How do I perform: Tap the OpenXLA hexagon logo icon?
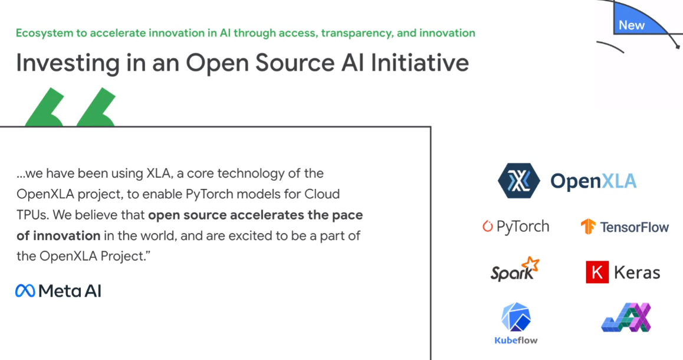coord(519,181)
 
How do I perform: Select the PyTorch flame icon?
coord(487,226)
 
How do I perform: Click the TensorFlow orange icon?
coord(588,227)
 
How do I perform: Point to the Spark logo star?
coord(531,264)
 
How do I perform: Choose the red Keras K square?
coord(597,273)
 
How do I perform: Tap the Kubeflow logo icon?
coord(516,318)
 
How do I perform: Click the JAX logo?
coord(626,318)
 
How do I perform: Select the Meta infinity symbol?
coord(25,291)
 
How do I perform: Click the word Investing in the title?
coord(67,63)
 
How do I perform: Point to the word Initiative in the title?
coord(420,63)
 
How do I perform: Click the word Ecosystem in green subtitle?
coord(44,34)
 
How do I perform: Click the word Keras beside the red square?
coord(637,273)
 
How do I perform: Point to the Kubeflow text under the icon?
coord(516,341)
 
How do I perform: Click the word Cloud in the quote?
coord(322,194)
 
